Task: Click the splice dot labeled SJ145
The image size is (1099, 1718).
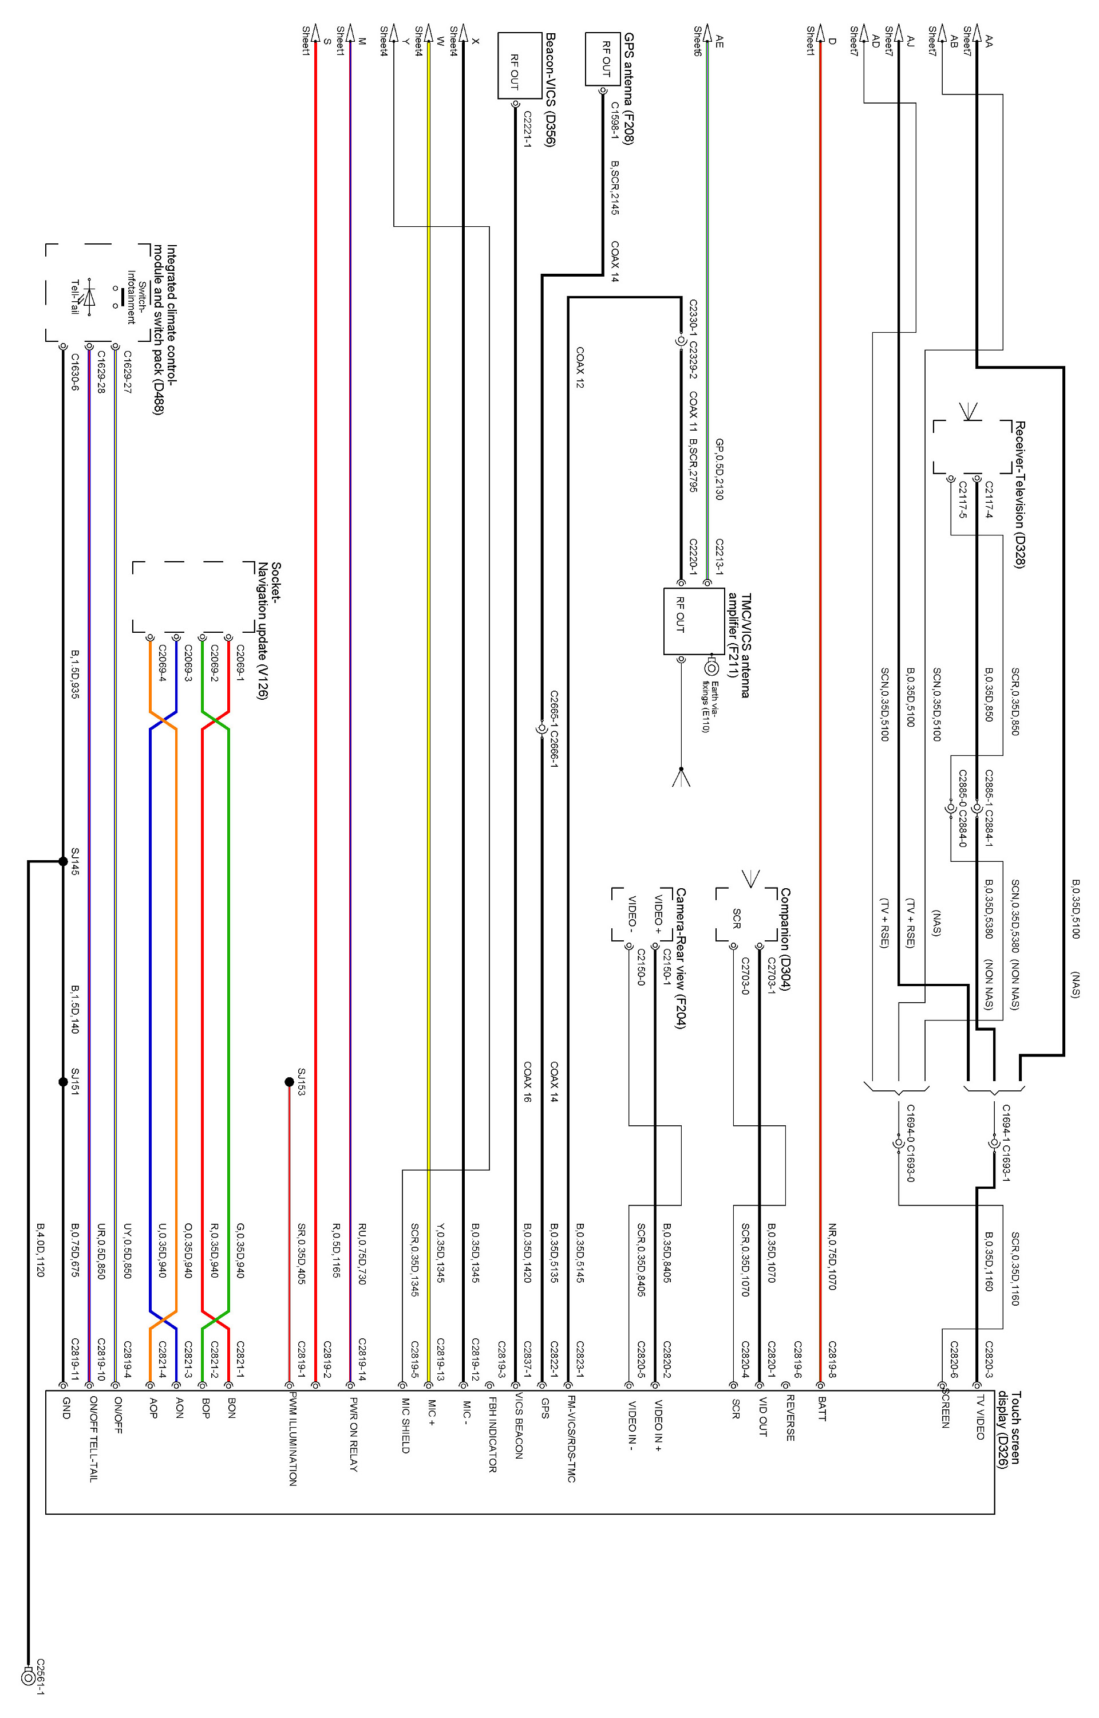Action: (63, 861)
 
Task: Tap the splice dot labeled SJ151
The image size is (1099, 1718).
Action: (63, 1082)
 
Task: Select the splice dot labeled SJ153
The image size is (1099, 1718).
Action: (289, 1082)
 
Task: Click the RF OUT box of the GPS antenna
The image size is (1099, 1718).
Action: (603, 59)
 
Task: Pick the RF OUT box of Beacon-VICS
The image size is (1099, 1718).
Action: (515, 66)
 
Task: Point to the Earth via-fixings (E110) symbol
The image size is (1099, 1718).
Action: (711, 669)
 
